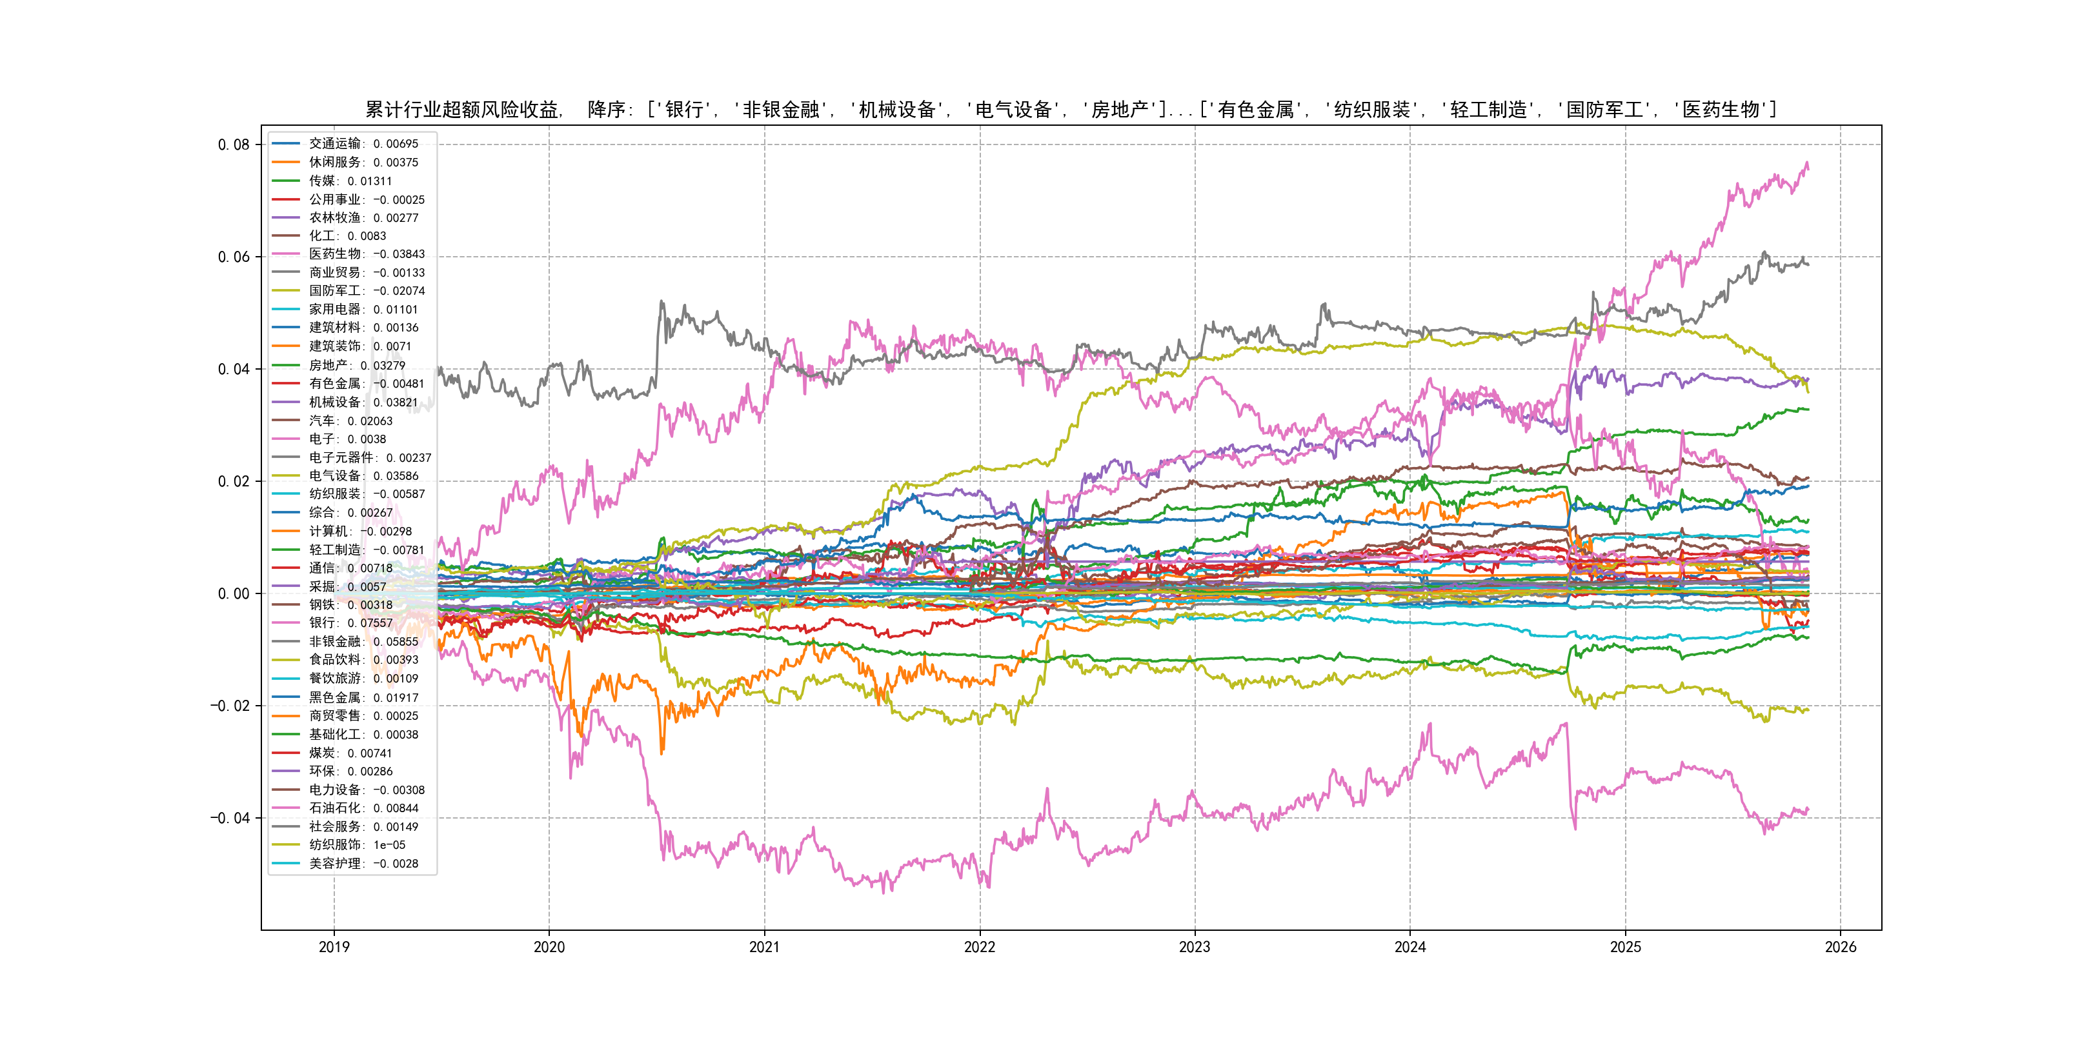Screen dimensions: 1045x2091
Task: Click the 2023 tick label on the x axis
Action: pos(1194,947)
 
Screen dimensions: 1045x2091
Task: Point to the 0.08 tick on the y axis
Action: pos(233,145)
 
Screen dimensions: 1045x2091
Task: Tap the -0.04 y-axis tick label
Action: pos(230,818)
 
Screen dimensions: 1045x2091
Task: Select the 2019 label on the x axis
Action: pos(334,947)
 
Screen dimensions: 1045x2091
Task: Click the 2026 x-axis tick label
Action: pos(1840,947)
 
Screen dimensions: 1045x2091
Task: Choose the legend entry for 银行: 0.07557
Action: pos(350,623)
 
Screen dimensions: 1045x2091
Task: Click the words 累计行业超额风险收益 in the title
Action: pos(462,110)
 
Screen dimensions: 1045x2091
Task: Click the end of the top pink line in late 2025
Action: pos(1807,166)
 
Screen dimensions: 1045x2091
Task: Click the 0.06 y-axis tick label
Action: pos(233,257)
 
